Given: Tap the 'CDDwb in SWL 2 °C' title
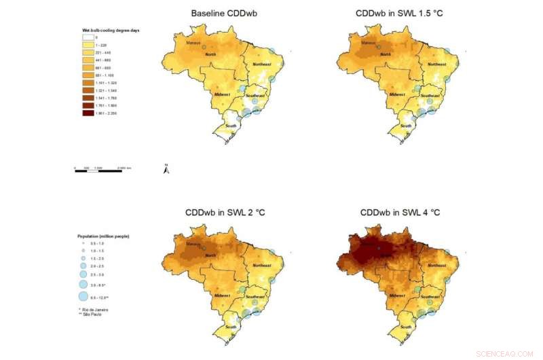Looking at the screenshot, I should coord(225,213).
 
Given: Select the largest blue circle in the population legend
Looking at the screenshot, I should coord(83,296).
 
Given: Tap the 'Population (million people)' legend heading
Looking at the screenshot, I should coord(102,235).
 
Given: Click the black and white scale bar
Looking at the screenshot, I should coord(98,170).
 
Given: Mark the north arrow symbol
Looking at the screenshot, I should coord(165,169).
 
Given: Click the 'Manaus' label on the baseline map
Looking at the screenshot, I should coord(195,43).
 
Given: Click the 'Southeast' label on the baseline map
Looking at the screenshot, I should coord(257,95).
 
